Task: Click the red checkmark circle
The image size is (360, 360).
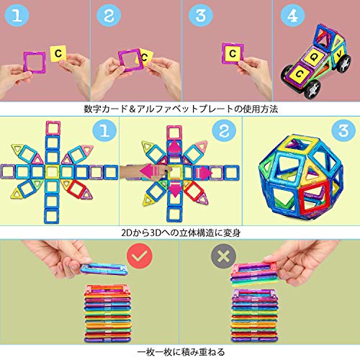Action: (x=140, y=256)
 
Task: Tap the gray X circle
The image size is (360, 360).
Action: (x=223, y=256)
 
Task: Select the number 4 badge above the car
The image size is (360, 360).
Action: (x=292, y=16)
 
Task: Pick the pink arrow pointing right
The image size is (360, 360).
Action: (x=204, y=173)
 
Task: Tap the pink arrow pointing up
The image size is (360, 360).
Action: (x=174, y=146)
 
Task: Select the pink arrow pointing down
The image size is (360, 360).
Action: (x=176, y=189)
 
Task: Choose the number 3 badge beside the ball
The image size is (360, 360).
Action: (x=343, y=131)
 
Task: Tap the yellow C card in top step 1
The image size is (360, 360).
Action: (x=58, y=53)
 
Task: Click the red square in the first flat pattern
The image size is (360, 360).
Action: (x=77, y=189)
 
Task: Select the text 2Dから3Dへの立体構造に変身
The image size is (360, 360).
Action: (x=181, y=233)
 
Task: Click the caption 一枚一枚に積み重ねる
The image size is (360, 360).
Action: (x=181, y=352)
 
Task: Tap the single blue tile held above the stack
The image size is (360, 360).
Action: (x=104, y=269)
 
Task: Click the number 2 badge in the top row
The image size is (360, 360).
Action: (x=109, y=15)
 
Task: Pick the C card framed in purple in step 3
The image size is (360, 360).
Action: (x=233, y=53)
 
